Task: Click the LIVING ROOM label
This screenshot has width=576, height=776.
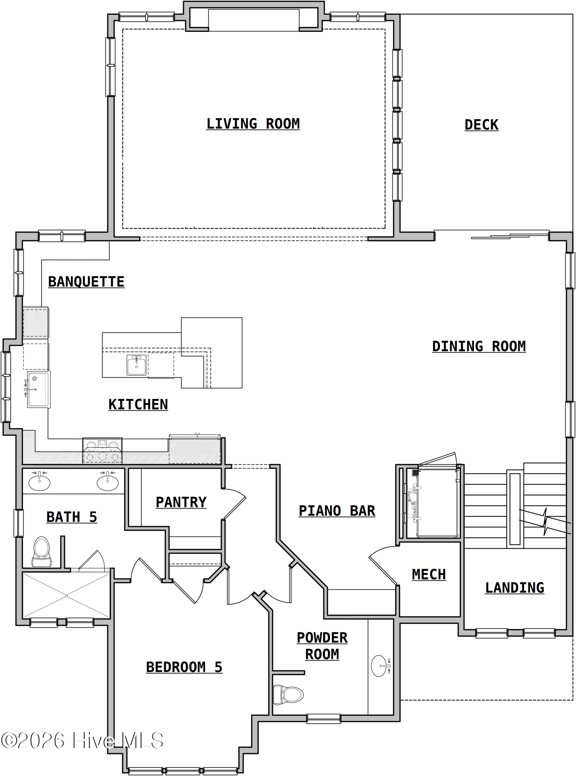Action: (x=253, y=124)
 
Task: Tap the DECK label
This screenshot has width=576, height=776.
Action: (x=481, y=125)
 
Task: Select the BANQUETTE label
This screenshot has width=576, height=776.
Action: (x=86, y=282)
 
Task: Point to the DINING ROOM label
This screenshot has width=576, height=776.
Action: (x=479, y=346)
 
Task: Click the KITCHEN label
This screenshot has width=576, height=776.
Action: (x=138, y=404)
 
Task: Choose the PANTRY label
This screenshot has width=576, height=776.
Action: (x=181, y=502)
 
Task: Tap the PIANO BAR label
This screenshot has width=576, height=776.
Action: (x=337, y=511)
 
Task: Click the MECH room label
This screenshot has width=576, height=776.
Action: (x=429, y=574)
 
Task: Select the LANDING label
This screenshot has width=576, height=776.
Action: (x=514, y=587)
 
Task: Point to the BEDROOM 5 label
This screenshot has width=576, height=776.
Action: (x=184, y=667)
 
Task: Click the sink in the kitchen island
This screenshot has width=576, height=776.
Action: (x=136, y=365)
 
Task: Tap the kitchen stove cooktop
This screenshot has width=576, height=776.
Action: (x=102, y=450)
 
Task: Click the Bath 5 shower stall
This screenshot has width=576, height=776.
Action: (x=66, y=595)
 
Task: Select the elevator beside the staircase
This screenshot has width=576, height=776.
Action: (x=432, y=503)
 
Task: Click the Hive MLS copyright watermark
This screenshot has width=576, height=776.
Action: (x=82, y=741)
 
